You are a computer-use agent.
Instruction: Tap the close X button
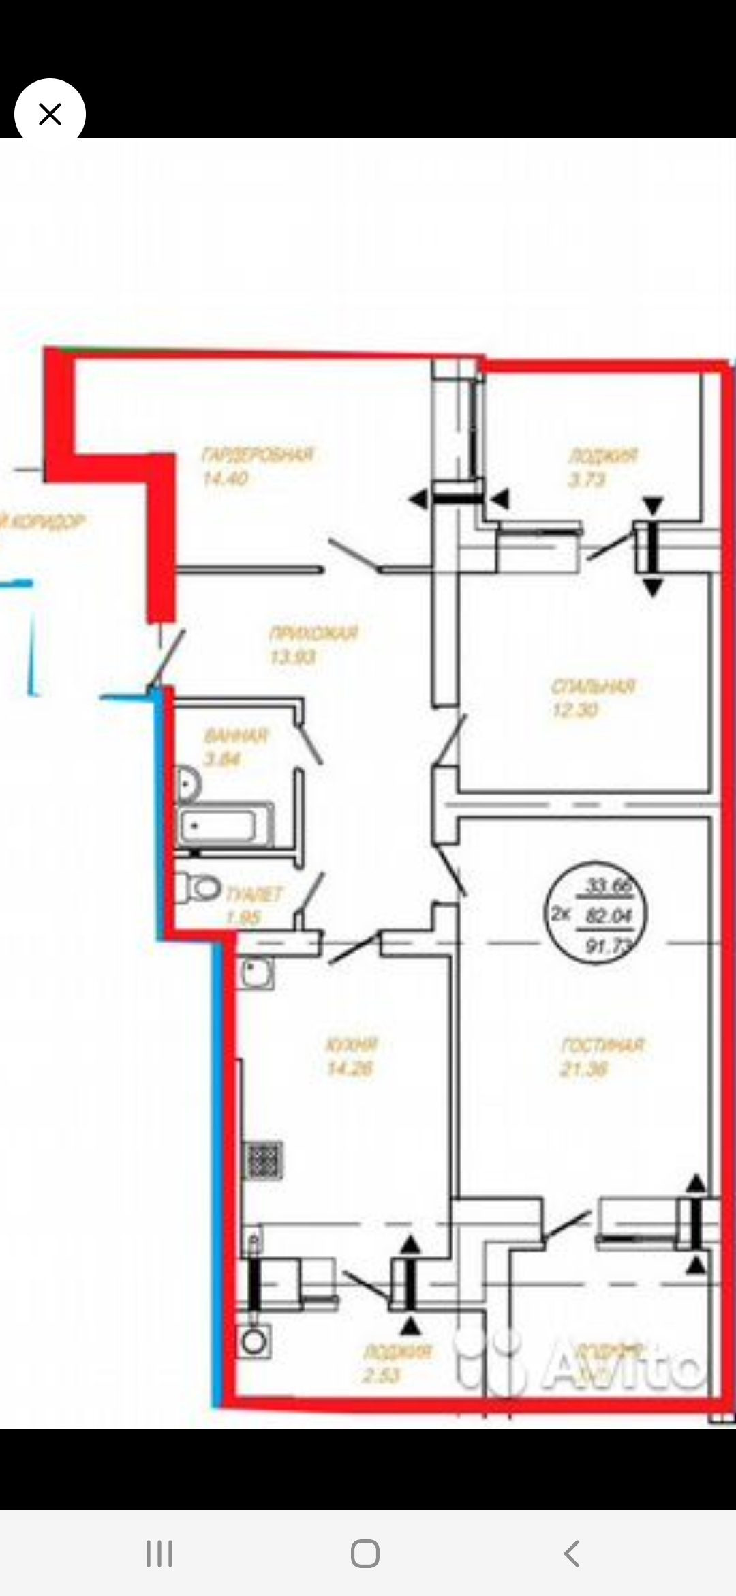(x=50, y=114)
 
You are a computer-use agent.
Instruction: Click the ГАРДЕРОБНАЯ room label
(x=257, y=454)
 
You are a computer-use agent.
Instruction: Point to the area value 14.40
(x=225, y=478)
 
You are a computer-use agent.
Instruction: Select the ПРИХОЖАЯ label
(x=313, y=634)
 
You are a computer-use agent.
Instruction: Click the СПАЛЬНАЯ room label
(x=593, y=686)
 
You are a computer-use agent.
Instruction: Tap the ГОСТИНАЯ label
(x=602, y=1045)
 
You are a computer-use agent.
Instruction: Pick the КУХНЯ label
(x=352, y=1044)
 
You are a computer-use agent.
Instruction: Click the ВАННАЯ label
(x=236, y=735)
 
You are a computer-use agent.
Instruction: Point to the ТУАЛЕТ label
(x=253, y=894)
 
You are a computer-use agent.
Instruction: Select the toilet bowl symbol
(x=200, y=887)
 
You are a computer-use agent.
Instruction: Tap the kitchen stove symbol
(x=263, y=1160)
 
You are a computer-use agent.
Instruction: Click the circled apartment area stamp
(x=596, y=915)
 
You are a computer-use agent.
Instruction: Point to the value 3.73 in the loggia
(x=587, y=479)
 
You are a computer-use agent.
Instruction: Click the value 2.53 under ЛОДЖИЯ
(x=381, y=1375)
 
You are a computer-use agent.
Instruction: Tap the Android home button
(x=365, y=1554)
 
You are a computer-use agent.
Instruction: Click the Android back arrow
(x=571, y=1554)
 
